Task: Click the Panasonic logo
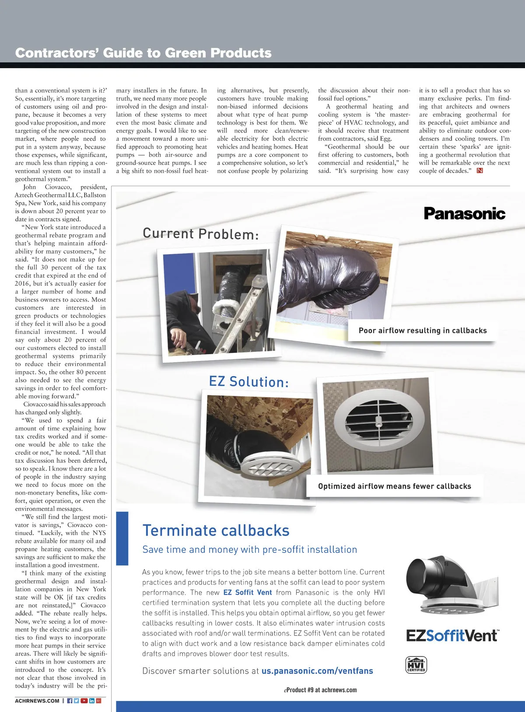point(464,213)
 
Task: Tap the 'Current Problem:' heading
point(201,234)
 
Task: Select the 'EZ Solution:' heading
point(249,382)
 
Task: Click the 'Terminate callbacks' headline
point(216,531)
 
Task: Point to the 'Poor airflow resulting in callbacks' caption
point(423,331)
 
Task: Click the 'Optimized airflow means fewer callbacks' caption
point(395,486)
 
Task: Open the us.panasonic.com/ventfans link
point(317,671)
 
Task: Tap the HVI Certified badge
point(416,665)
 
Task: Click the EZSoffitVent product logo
point(452,635)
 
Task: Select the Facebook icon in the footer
point(70,701)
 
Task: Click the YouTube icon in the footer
point(84,701)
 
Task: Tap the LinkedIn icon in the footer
point(92,701)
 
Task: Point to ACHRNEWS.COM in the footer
point(37,701)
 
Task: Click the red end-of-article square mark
point(480,171)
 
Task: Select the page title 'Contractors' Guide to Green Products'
point(143,53)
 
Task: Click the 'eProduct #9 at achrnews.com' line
point(320,690)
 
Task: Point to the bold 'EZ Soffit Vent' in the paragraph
point(248,593)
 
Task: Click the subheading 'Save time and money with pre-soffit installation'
point(249,550)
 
